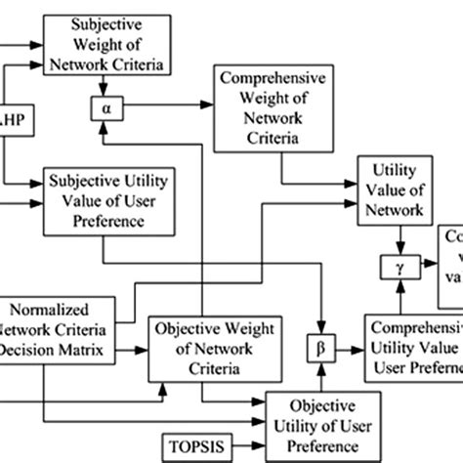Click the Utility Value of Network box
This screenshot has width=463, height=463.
coord(395,189)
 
